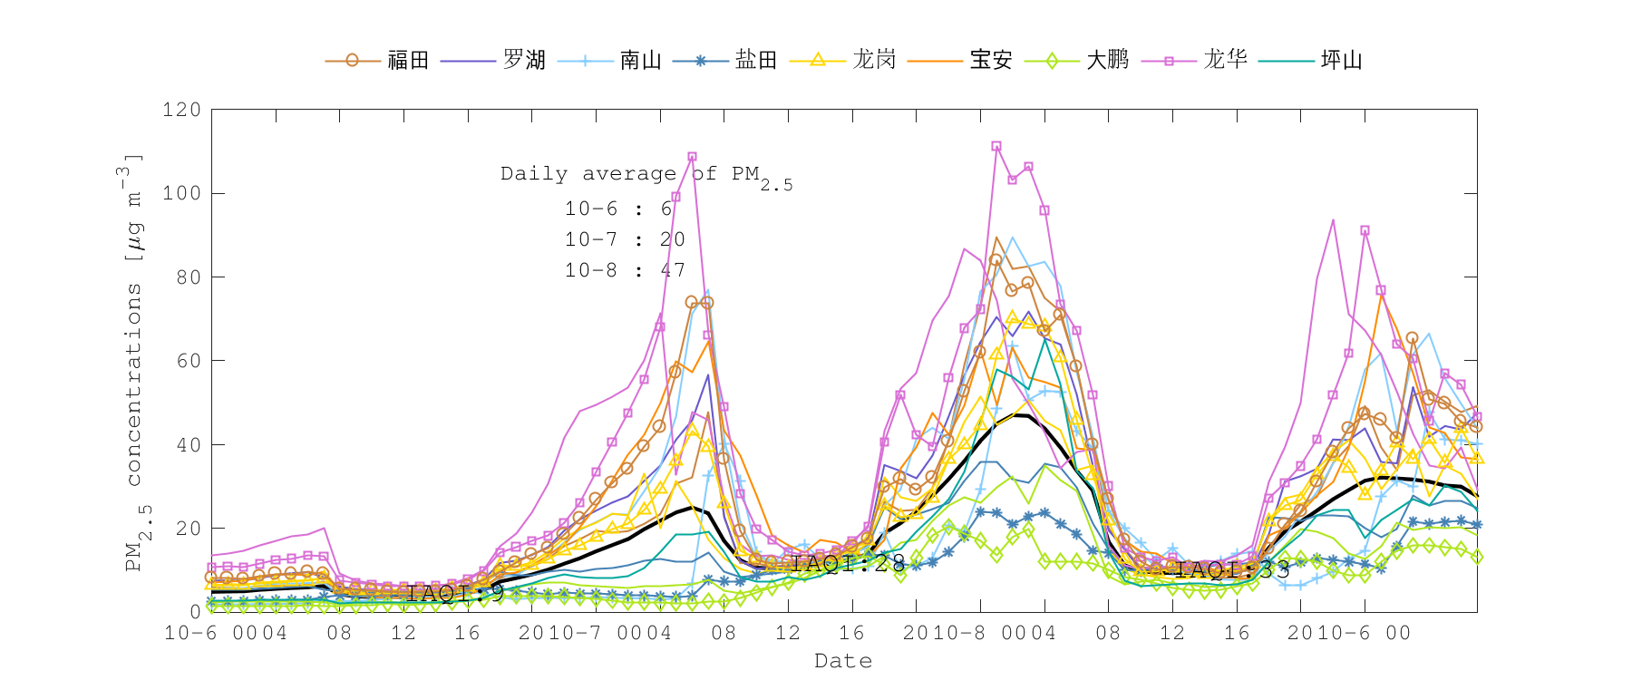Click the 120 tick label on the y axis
(181, 110)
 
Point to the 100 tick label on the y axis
(181, 193)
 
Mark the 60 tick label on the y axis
(189, 361)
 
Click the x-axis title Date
(843, 661)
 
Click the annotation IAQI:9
(455, 594)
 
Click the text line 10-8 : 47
(625, 270)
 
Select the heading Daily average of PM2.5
(646, 175)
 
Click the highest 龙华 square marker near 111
(996, 146)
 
